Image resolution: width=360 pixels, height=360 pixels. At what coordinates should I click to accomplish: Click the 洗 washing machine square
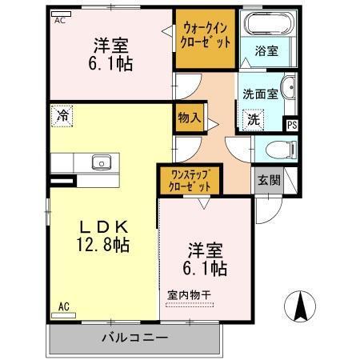pos(253,120)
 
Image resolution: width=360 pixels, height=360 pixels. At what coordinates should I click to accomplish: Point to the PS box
pos(291,124)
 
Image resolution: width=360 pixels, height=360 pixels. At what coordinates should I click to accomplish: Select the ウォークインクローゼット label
pos(206,34)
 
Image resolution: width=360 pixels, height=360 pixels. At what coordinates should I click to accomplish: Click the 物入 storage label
pos(189,118)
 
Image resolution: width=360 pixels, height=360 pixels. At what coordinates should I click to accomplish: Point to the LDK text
pos(100,226)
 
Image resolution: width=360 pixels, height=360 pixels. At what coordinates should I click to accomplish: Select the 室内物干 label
pos(189,294)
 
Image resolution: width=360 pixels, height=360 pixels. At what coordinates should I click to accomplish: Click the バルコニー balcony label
pos(134,338)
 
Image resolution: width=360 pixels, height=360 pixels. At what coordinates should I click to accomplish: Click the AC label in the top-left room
pos(60,22)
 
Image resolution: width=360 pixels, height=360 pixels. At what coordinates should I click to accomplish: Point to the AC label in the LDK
pos(63,305)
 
